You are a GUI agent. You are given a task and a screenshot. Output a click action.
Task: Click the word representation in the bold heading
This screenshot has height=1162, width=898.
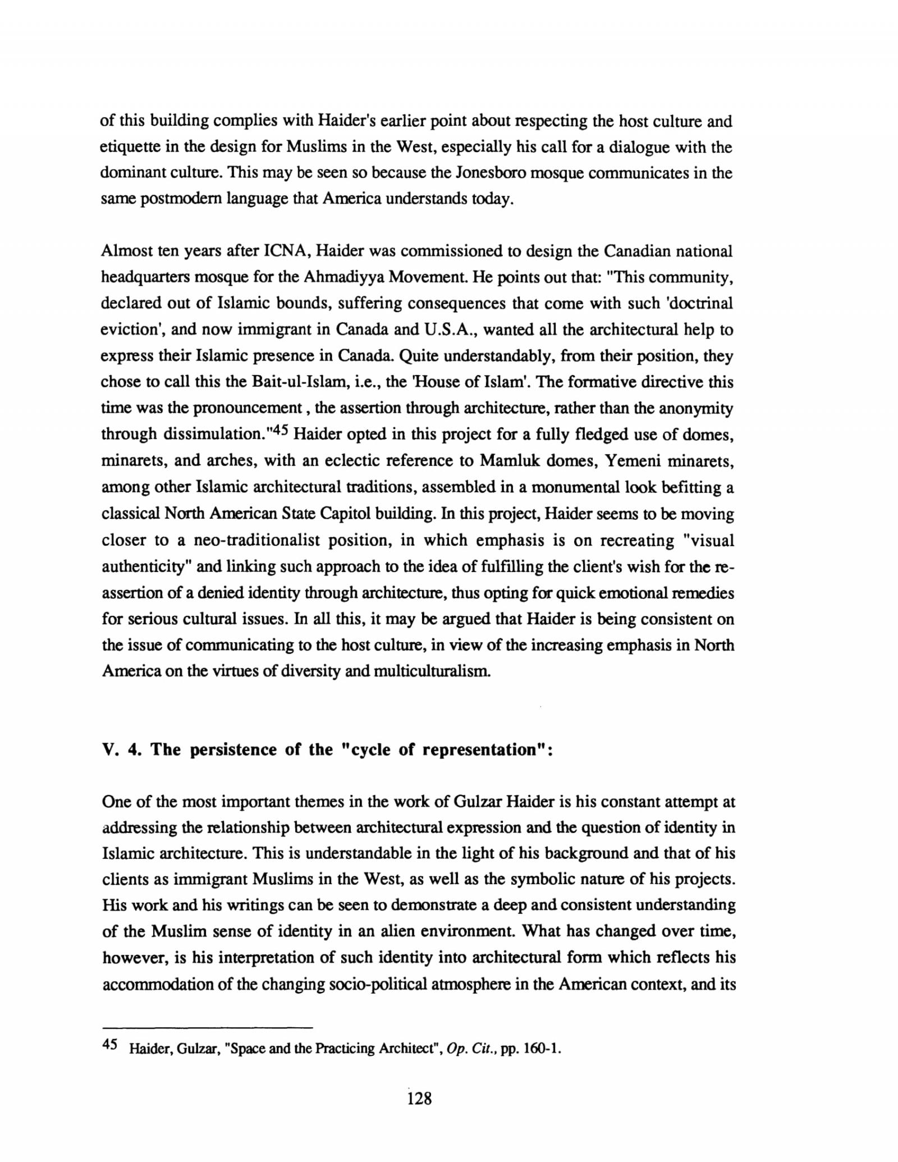click(x=477, y=750)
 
